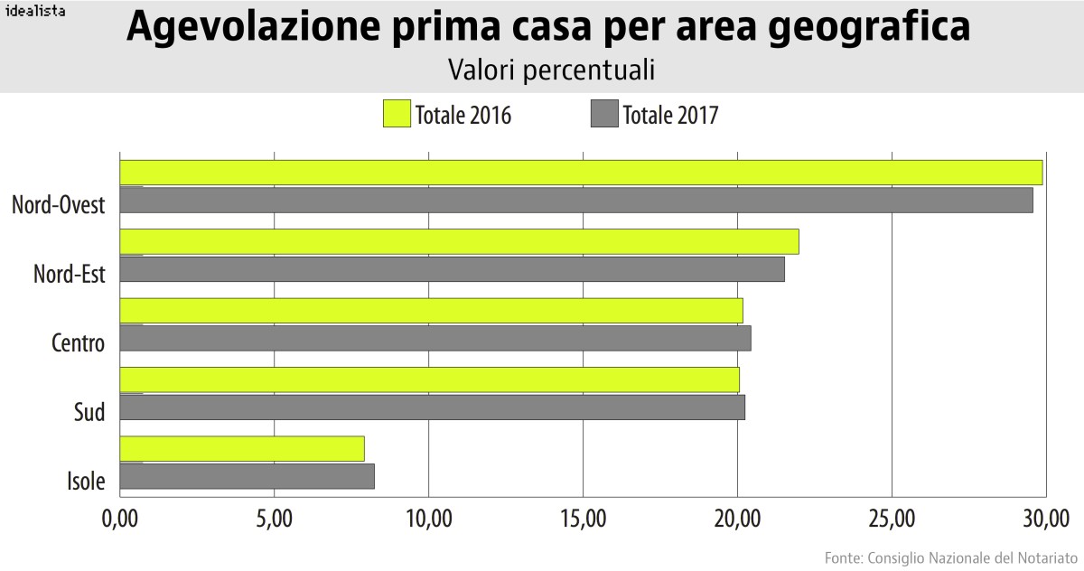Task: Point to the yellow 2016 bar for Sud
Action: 429,379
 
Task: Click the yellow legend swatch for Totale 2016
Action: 397,114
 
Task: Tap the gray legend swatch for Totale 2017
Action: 603,114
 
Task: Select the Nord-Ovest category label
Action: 59,205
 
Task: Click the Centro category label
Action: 78,343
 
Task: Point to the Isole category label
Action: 86,481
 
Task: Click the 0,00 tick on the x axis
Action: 119,519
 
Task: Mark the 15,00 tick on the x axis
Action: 583,519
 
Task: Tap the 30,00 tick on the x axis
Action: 1046,519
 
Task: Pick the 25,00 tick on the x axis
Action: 892,519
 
